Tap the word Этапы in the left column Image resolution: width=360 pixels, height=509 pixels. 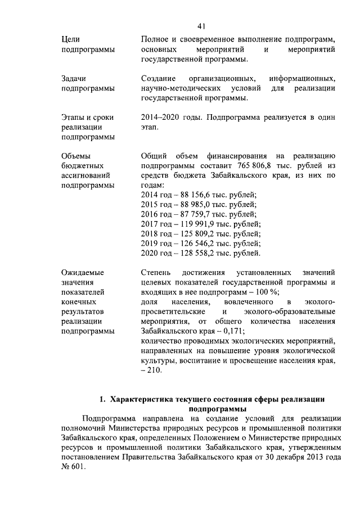pos(74,117)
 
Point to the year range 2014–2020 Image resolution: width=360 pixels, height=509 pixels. pos(161,117)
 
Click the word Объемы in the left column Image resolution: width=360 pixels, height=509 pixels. pos(74,156)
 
